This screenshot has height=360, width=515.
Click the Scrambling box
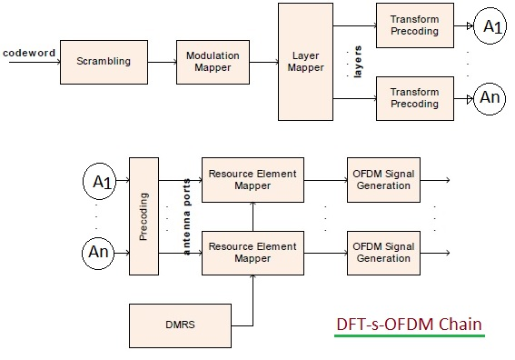click(104, 62)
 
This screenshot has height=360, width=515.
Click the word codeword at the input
click(29, 53)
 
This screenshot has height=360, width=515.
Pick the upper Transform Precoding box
click(413, 25)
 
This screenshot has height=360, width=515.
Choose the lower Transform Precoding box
click(413, 96)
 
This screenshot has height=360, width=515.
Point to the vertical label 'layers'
click(358, 62)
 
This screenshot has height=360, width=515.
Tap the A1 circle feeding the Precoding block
click(101, 182)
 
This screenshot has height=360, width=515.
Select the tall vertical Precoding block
click(144, 216)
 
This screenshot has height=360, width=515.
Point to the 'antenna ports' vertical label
click(188, 216)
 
